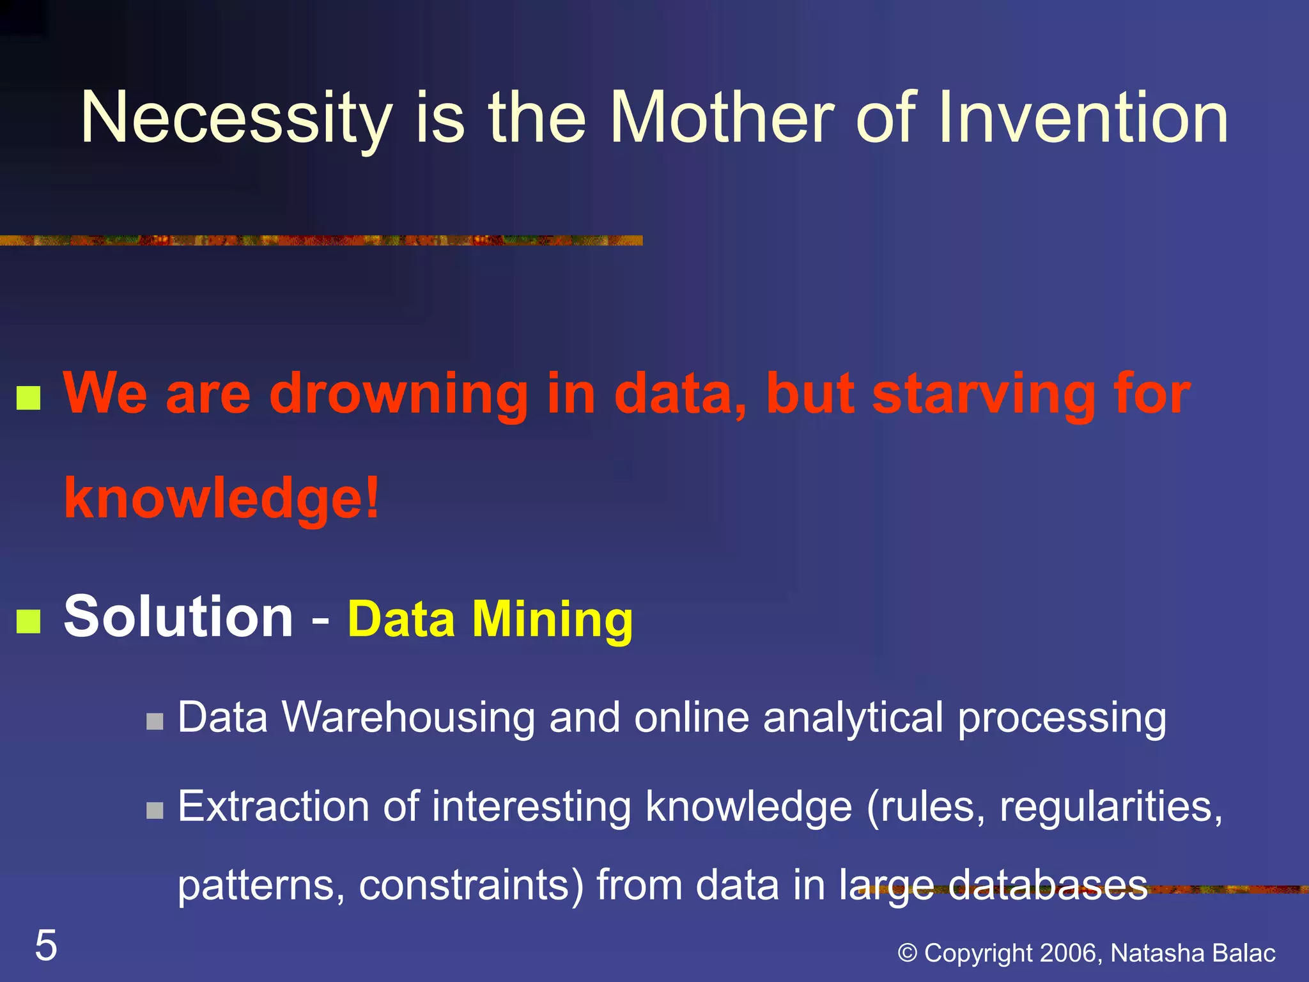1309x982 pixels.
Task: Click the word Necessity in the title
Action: pyautogui.click(x=236, y=118)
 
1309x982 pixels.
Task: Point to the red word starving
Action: pyautogui.click(x=984, y=394)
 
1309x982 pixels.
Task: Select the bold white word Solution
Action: pyautogui.click(x=178, y=616)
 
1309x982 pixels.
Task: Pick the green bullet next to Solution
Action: pyautogui.click(x=29, y=621)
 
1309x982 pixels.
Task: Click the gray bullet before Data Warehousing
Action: pyautogui.click(x=155, y=722)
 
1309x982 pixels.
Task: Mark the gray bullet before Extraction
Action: pyautogui.click(x=155, y=811)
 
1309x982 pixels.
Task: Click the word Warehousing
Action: pyautogui.click(x=408, y=717)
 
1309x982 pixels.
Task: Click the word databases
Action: pyautogui.click(x=1048, y=886)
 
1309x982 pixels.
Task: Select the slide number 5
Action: pyautogui.click(x=46, y=946)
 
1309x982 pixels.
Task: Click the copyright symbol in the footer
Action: pyautogui.click(x=907, y=953)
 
